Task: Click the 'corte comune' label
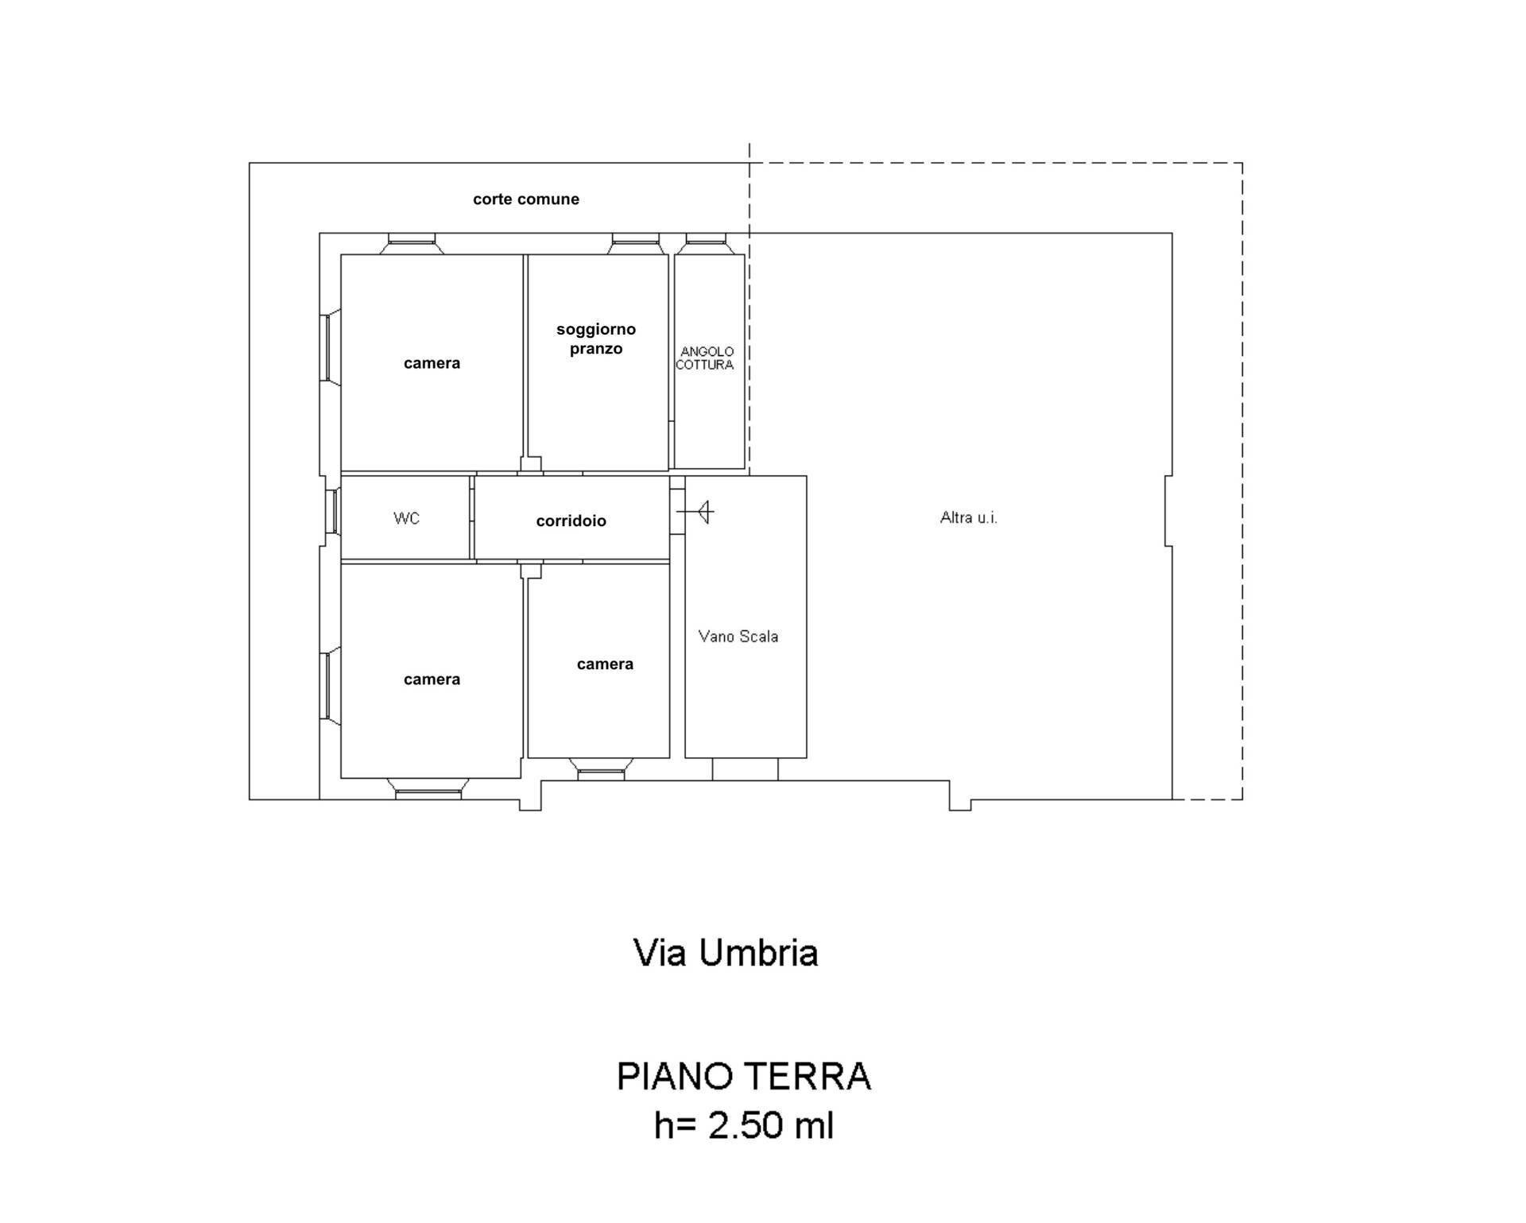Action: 525,199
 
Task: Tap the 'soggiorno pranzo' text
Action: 596,339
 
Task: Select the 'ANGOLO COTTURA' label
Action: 705,358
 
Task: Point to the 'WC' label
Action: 406,518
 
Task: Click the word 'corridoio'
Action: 571,521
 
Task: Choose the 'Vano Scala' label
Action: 738,637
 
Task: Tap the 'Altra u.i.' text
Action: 968,518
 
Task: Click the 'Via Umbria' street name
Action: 725,953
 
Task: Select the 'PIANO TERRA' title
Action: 744,1077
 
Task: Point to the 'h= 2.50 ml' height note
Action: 744,1125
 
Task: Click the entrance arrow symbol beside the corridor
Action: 699,512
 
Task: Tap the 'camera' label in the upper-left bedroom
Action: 432,363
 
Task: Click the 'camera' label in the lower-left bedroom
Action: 432,679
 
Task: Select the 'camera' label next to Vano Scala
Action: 605,664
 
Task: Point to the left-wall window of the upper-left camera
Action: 327,347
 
